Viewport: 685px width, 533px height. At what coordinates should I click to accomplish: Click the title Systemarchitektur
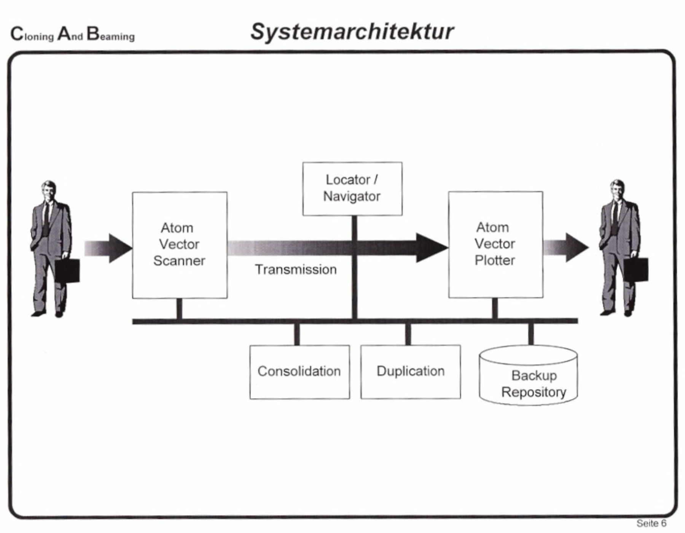tap(352, 31)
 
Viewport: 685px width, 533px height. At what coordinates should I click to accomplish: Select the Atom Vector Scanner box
tap(180, 245)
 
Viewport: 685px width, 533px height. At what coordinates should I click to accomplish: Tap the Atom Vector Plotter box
tap(495, 244)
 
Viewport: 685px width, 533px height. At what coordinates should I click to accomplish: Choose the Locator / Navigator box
tap(352, 188)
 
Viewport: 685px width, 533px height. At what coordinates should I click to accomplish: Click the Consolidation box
tap(299, 372)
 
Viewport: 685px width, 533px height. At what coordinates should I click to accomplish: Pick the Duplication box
tap(410, 372)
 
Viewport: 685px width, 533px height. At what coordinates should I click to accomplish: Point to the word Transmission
tap(296, 270)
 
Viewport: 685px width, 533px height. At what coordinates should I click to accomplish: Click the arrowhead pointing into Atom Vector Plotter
tap(432, 247)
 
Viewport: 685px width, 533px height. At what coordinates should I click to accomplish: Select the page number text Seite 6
tap(651, 523)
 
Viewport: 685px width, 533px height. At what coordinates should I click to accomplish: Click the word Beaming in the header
tap(111, 35)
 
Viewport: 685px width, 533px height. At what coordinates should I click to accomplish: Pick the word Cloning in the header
tap(32, 35)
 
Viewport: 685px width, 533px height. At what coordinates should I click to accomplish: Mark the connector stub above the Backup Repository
tap(531, 334)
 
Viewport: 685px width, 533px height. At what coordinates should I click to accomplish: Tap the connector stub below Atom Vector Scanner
tap(179, 309)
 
